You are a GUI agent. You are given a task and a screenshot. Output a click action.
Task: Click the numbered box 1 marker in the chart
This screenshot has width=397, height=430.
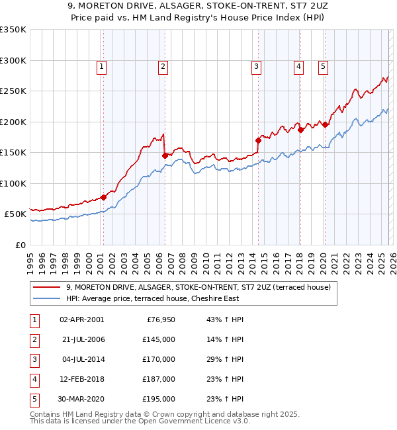[x=101, y=66]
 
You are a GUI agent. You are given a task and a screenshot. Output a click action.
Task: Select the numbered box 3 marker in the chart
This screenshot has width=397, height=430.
[x=256, y=66]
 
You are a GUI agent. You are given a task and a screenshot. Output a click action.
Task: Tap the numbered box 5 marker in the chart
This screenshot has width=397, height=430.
[x=323, y=66]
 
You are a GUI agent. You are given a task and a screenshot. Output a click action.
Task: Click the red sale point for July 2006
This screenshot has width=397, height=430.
[x=165, y=156]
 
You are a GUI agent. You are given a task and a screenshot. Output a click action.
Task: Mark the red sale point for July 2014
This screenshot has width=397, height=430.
[x=258, y=140]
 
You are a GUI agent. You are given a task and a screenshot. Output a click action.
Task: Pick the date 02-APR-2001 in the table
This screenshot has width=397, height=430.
[x=81, y=320]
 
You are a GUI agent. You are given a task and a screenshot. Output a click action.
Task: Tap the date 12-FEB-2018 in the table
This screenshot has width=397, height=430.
[x=81, y=379]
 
